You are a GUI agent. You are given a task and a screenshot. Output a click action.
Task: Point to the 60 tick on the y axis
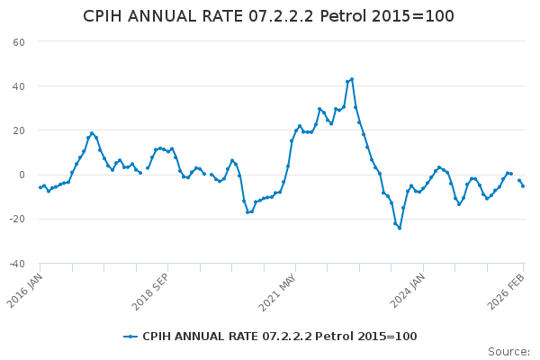pyautogui.click(x=18, y=42)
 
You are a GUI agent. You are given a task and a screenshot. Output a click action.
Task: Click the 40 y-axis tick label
pyautogui.click(x=18, y=86)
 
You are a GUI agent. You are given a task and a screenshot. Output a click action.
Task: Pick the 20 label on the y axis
pyautogui.click(x=18, y=130)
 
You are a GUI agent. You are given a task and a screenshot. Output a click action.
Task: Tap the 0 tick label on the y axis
pyautogui.click(x=21, y=175)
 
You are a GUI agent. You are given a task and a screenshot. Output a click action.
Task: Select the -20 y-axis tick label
pyautogui.click(x=16, y=219)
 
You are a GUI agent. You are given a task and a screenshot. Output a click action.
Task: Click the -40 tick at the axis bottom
pyautogui.click(x=16, y=264)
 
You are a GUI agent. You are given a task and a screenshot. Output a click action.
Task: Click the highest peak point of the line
pyautogui.click(x=352, y=79)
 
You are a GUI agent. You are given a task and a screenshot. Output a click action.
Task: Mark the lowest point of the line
pyautogui.click(x=400, y=228)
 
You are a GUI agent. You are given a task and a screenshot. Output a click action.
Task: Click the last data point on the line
pyautogui.click(x=523, y=185)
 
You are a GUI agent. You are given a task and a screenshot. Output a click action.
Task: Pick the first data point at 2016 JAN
pyautogui.click(x=40, y=187)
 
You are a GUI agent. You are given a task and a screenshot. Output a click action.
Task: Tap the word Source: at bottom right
pyautogui.click(x=508, y=352)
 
